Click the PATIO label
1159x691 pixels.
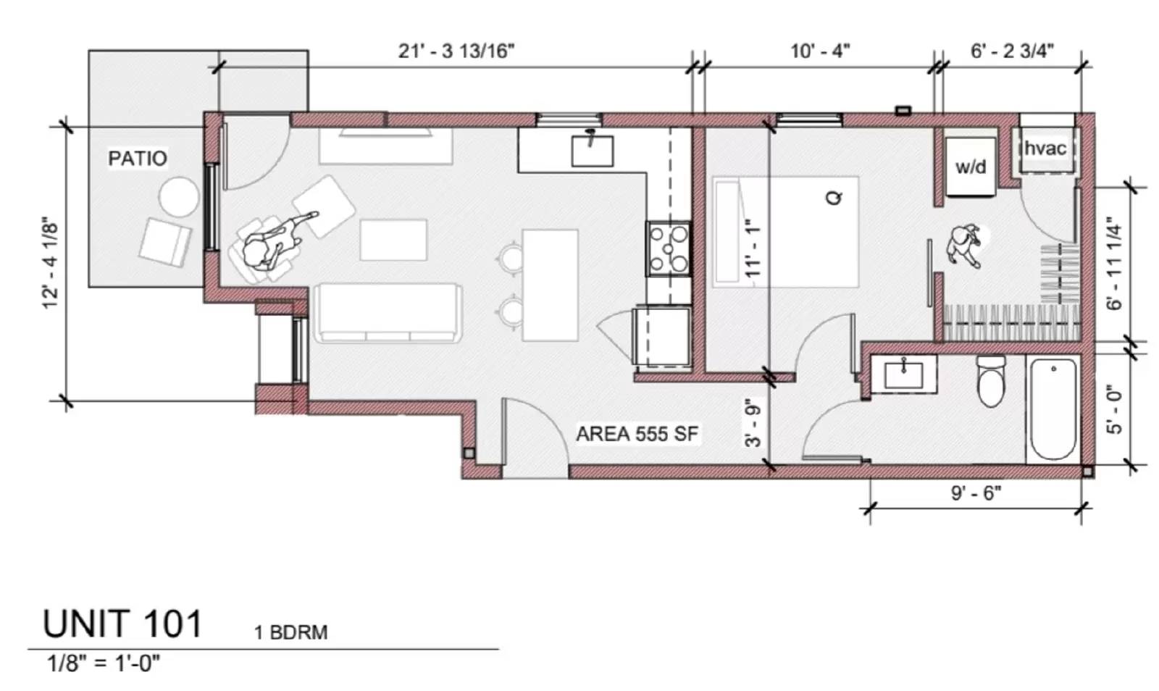click(x=137, y=158)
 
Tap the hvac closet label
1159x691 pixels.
click(x=1045, y=148)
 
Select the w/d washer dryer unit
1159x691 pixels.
click(x=971, y=167)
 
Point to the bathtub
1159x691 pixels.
click(x=1053, y=409)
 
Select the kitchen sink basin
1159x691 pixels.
click(x=593, y=151)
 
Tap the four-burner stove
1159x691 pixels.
click(x=669, y=249)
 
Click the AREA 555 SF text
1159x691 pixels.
click(x=637, y=434)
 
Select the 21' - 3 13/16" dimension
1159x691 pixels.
click(x=456, y=51)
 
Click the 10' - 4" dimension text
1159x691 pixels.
click(x=820, y=51)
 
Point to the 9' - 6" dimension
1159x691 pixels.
click(x=976, y=493)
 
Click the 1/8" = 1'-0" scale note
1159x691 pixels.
click(x=104, y=663)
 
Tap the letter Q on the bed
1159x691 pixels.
click(x=834, y=197)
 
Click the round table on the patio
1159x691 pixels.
click(x=178, y=197)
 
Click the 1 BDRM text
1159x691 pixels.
click(x=290, y=632)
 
